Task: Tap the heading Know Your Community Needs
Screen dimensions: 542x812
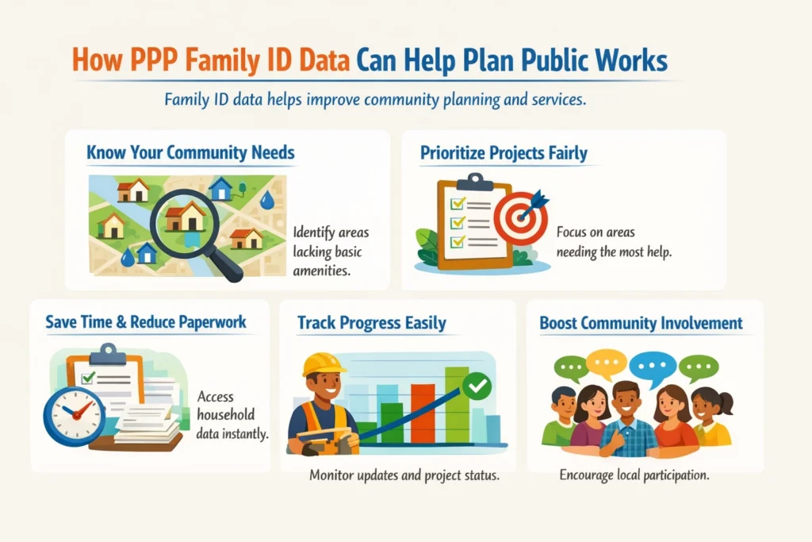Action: pos(190,152)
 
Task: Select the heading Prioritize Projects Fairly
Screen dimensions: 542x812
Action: pos(504,152)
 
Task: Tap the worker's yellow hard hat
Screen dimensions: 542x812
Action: pos(324,364)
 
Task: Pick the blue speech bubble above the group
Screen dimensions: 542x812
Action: pos(653,365)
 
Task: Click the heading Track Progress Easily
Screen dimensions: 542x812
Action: pos(371,323)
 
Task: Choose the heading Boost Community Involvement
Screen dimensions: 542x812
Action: pos(641,323)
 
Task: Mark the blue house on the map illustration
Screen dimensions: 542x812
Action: pos(220,188)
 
